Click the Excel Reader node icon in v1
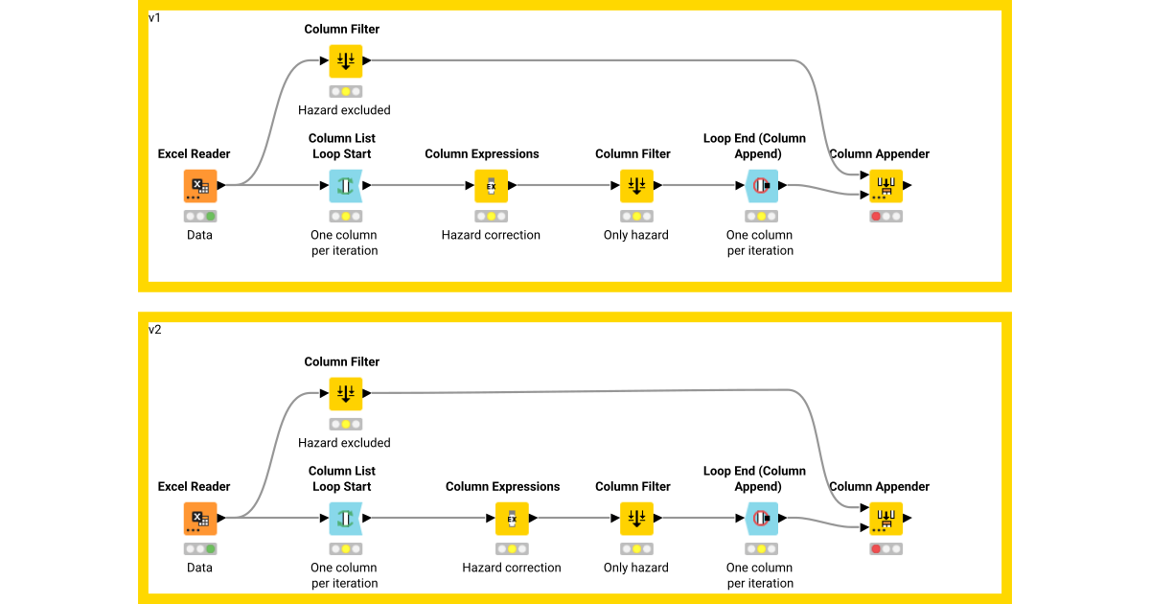tap(199, 186)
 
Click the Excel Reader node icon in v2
tap(199, 519)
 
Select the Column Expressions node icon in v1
tap(491, 186)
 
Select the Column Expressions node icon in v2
tap(512, 519)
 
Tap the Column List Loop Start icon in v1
tap(345, 186)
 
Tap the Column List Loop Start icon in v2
tap(345, 519)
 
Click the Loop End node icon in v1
tap(761, 186)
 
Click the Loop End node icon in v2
tap(761, 519)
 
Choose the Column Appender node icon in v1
tap(885, 186)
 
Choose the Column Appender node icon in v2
tap(885, 519)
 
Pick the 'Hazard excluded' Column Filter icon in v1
tap(345, 61)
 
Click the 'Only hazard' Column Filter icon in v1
tap(636, 186)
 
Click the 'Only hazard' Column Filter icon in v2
tap(636, 519)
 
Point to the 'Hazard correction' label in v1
tap(491, 235)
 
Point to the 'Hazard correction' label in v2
tap(512, 568)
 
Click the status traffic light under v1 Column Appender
tap(885, 217)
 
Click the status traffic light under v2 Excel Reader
tap(199, 549)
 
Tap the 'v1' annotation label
tap(154, 18)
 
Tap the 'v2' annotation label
tap(154, 330)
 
